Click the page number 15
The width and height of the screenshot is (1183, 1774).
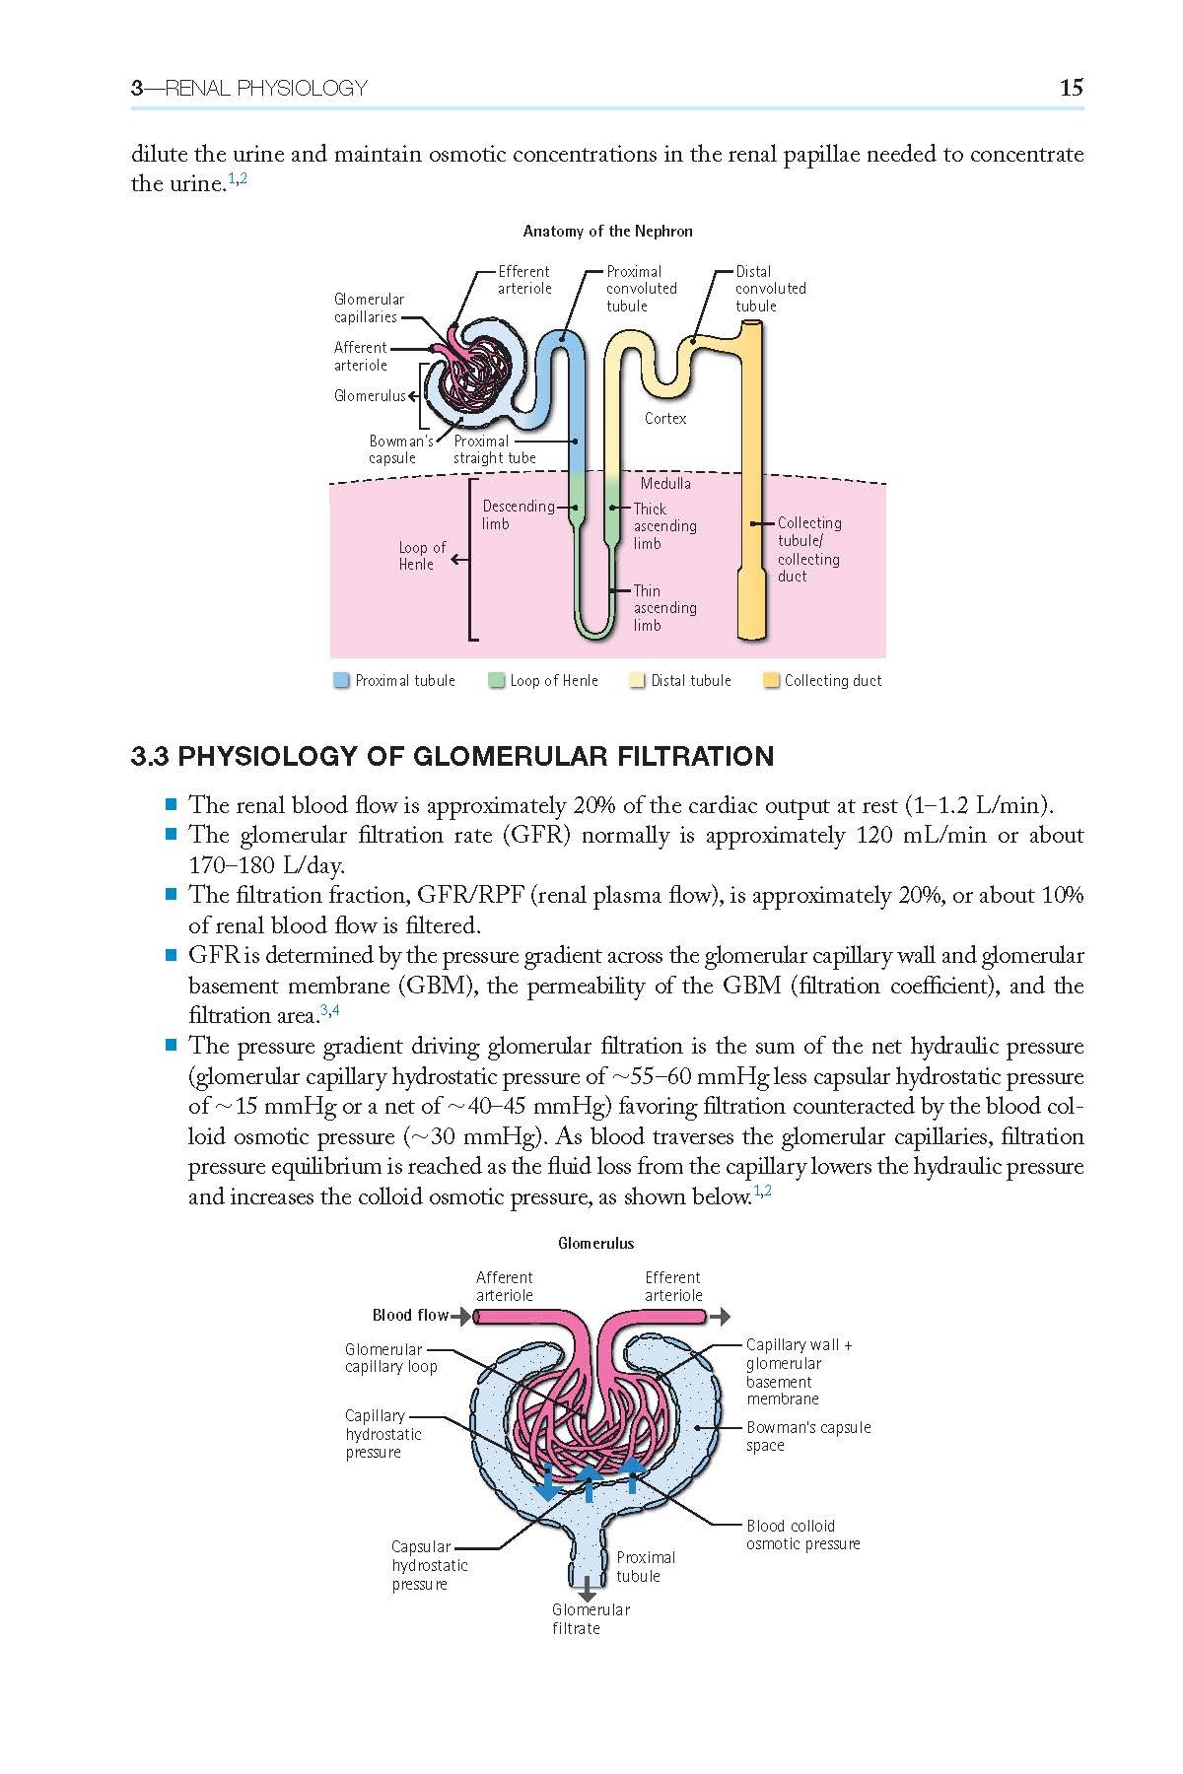1071,88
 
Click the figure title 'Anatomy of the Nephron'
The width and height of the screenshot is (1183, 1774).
607,232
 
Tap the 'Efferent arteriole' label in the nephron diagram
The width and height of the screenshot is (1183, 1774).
523,280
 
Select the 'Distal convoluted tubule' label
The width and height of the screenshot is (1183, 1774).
770,289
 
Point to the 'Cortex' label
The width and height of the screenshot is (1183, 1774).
665,418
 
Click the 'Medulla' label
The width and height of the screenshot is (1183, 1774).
665,483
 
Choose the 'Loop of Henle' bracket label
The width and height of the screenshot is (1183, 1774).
422,556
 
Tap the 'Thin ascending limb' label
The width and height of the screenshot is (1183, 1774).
664,608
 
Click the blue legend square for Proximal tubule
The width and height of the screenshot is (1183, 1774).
342,680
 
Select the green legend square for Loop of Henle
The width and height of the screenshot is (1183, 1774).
497,680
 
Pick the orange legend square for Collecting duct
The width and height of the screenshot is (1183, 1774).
771,680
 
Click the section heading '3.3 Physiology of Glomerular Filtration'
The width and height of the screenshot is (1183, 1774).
452,757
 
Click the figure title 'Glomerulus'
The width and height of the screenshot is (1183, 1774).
596,1244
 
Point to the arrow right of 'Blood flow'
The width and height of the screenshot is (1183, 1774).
461,1316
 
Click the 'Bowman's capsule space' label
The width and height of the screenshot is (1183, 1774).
808,1436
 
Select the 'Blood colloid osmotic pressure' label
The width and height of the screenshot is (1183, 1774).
802,1535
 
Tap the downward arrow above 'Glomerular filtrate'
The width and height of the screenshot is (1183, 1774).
588,1588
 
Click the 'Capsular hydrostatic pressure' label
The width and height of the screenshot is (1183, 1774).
430,1566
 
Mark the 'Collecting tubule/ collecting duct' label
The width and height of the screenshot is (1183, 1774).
808,549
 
